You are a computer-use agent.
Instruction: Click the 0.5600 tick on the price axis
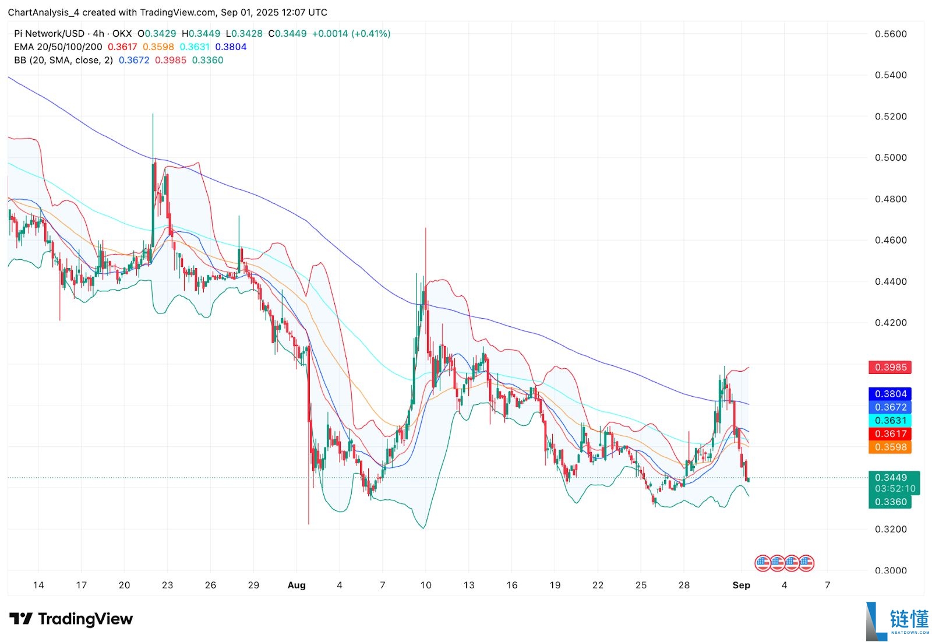click(x=891, y=34)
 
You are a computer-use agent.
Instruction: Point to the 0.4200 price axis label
click(x=891, y=323)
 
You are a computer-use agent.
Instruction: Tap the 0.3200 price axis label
click(x=891, y=530)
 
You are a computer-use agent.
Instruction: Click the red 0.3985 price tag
click(x=890, y=368)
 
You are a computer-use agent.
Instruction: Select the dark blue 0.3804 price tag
click(x=890, y=394)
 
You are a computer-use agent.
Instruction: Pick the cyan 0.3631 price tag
click(x=890, y=421)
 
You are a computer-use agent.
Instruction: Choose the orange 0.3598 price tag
click(x=890, y=447)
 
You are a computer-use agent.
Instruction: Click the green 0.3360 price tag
click(x=890, y=502)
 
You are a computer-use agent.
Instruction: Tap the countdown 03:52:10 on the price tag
click(x=895, y=489)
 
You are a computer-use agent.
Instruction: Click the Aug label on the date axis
click(x=296, y=585)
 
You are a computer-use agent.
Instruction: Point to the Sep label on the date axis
click(x=741, y=585)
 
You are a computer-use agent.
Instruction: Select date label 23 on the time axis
click(x=167, y=585)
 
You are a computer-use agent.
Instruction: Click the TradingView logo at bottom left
click(x=71, y=619)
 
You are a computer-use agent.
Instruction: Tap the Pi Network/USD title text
click(x=49, y=34)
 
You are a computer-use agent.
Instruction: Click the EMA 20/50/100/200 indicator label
click(x=58, y=47)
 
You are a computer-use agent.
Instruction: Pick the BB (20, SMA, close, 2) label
click(x=63, y=61)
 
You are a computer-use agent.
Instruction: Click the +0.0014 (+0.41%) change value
click(x=351, y=34)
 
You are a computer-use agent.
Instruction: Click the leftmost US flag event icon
click(x=762, y=563)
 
